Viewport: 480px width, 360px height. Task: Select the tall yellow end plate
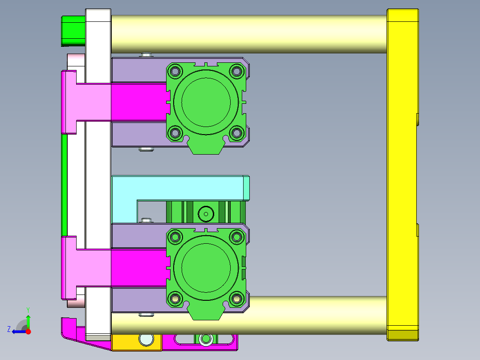(403, 174)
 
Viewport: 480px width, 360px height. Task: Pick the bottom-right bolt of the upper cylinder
(237, 132)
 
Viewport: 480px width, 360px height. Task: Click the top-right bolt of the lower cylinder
(237, 236)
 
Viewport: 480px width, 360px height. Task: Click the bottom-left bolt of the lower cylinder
(175, 298)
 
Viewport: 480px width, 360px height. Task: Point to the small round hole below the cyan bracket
(206, 214)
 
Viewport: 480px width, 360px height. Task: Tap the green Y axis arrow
(28, 320)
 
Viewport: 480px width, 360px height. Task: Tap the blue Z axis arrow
(17, 331)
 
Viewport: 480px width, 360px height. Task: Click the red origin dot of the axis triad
(28, 331)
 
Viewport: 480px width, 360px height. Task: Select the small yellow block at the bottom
(129, 342)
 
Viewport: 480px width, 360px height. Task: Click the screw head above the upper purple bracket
(146, 55)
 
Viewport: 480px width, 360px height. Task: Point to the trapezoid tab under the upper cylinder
(206, 147)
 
